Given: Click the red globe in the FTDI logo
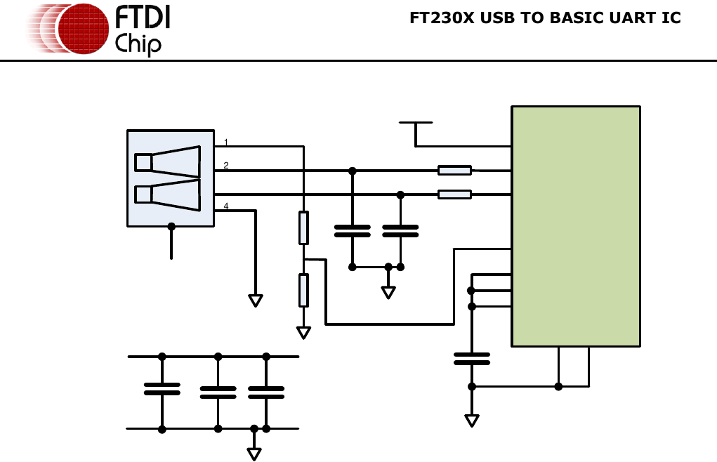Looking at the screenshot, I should (x=83, y=29).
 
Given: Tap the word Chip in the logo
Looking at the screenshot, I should (x=138, y=44).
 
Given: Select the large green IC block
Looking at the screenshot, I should (x=575, y=226).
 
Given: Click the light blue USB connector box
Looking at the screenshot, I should (x=171, y=178).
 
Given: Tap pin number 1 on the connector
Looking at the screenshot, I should (x=225, y=143).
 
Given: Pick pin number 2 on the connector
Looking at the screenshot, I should (x=225, y=166).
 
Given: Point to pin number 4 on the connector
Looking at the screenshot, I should (x=225, y=206).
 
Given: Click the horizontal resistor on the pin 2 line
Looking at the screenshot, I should (x=454, y=170).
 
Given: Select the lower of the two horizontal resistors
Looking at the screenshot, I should (x=454, y=194).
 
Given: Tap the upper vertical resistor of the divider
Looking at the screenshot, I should (x=303, y=227).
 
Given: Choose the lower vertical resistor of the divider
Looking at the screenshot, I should (x=303, y=291).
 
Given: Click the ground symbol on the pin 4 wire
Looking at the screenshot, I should (x=256, y=301).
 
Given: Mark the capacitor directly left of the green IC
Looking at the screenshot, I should (x=471, y=359).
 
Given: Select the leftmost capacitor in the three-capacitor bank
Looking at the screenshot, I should (x=162, y=389).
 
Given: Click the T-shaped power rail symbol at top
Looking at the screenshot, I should (x=416, y=124).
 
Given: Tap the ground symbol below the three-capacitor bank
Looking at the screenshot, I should (x=254, y=454).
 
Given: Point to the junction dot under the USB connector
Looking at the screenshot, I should (x=171, y=226).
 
